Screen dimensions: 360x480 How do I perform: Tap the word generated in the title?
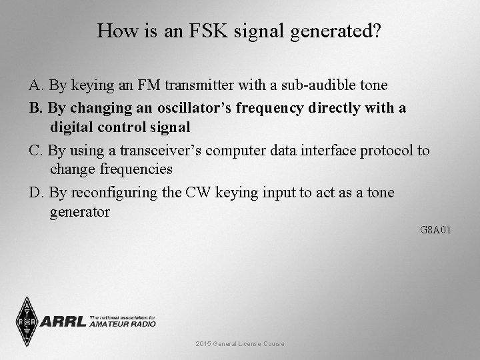pos(332,31)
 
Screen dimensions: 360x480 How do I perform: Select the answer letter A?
pos(35,86)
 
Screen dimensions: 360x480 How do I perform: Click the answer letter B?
pos(35,107)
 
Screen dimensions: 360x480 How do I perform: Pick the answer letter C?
pos(35,150)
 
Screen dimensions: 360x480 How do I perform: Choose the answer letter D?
pos(35,193)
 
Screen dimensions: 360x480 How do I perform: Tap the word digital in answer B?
pos(77,127)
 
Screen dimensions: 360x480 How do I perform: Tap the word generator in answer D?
pos(79,212)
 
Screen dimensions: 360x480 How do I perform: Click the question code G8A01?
pos(436,230)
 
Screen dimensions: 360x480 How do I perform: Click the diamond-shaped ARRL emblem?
pos(27,322)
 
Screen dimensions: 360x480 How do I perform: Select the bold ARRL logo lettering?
pos(63,322)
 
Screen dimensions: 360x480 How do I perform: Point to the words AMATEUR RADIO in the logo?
pos(123,325)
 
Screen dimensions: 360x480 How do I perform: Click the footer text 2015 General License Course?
pos(240,344)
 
